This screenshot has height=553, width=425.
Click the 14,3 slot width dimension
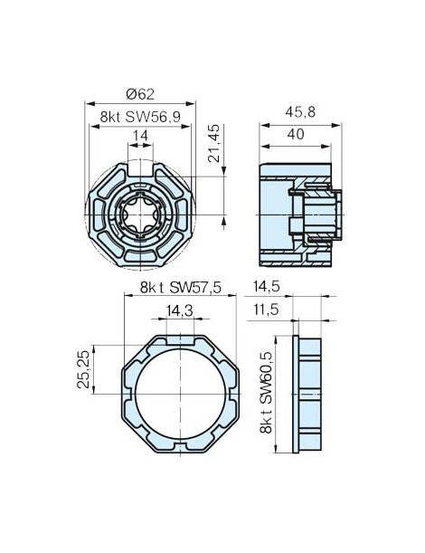(179, 310)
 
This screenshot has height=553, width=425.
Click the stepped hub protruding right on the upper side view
(323, 214)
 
